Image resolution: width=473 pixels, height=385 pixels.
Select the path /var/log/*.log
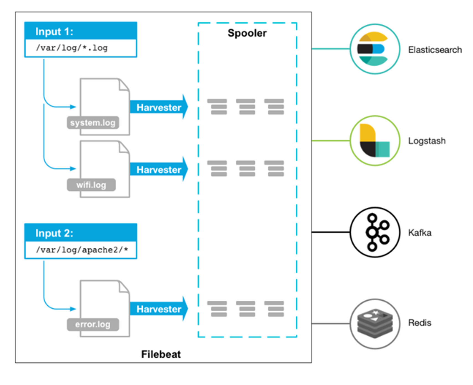(x=72, y=48)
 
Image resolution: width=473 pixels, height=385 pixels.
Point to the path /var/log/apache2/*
(x=82, y=250)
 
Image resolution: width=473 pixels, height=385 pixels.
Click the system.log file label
(x=93, y=123)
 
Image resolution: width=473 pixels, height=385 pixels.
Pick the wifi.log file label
(x=91, y=185)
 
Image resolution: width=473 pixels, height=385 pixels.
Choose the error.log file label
(x=93, y=324)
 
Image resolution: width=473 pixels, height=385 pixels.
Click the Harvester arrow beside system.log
(x=159, y=107)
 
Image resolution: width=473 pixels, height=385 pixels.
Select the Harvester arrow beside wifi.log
(x=159, y=169)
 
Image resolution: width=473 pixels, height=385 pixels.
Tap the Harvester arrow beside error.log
(x=159, y=309)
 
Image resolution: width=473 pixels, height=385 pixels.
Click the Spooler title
(x=247, y=33)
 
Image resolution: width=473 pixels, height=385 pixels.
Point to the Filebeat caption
(x=161, y=354)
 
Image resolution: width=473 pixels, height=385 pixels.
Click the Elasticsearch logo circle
(x=375, y=49)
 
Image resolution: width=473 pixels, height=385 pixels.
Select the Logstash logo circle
(x=375, y=141)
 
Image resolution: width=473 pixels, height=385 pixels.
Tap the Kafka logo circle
(x=375, y=232)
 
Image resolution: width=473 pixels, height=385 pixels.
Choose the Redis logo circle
(x=375, y=323)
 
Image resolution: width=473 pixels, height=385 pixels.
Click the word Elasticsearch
(x=435, y=50)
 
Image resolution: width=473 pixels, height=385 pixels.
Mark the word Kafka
(x=420, y=233)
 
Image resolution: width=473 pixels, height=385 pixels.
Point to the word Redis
(x=420, y=323)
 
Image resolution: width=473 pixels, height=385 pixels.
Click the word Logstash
(x=427, y=141)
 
